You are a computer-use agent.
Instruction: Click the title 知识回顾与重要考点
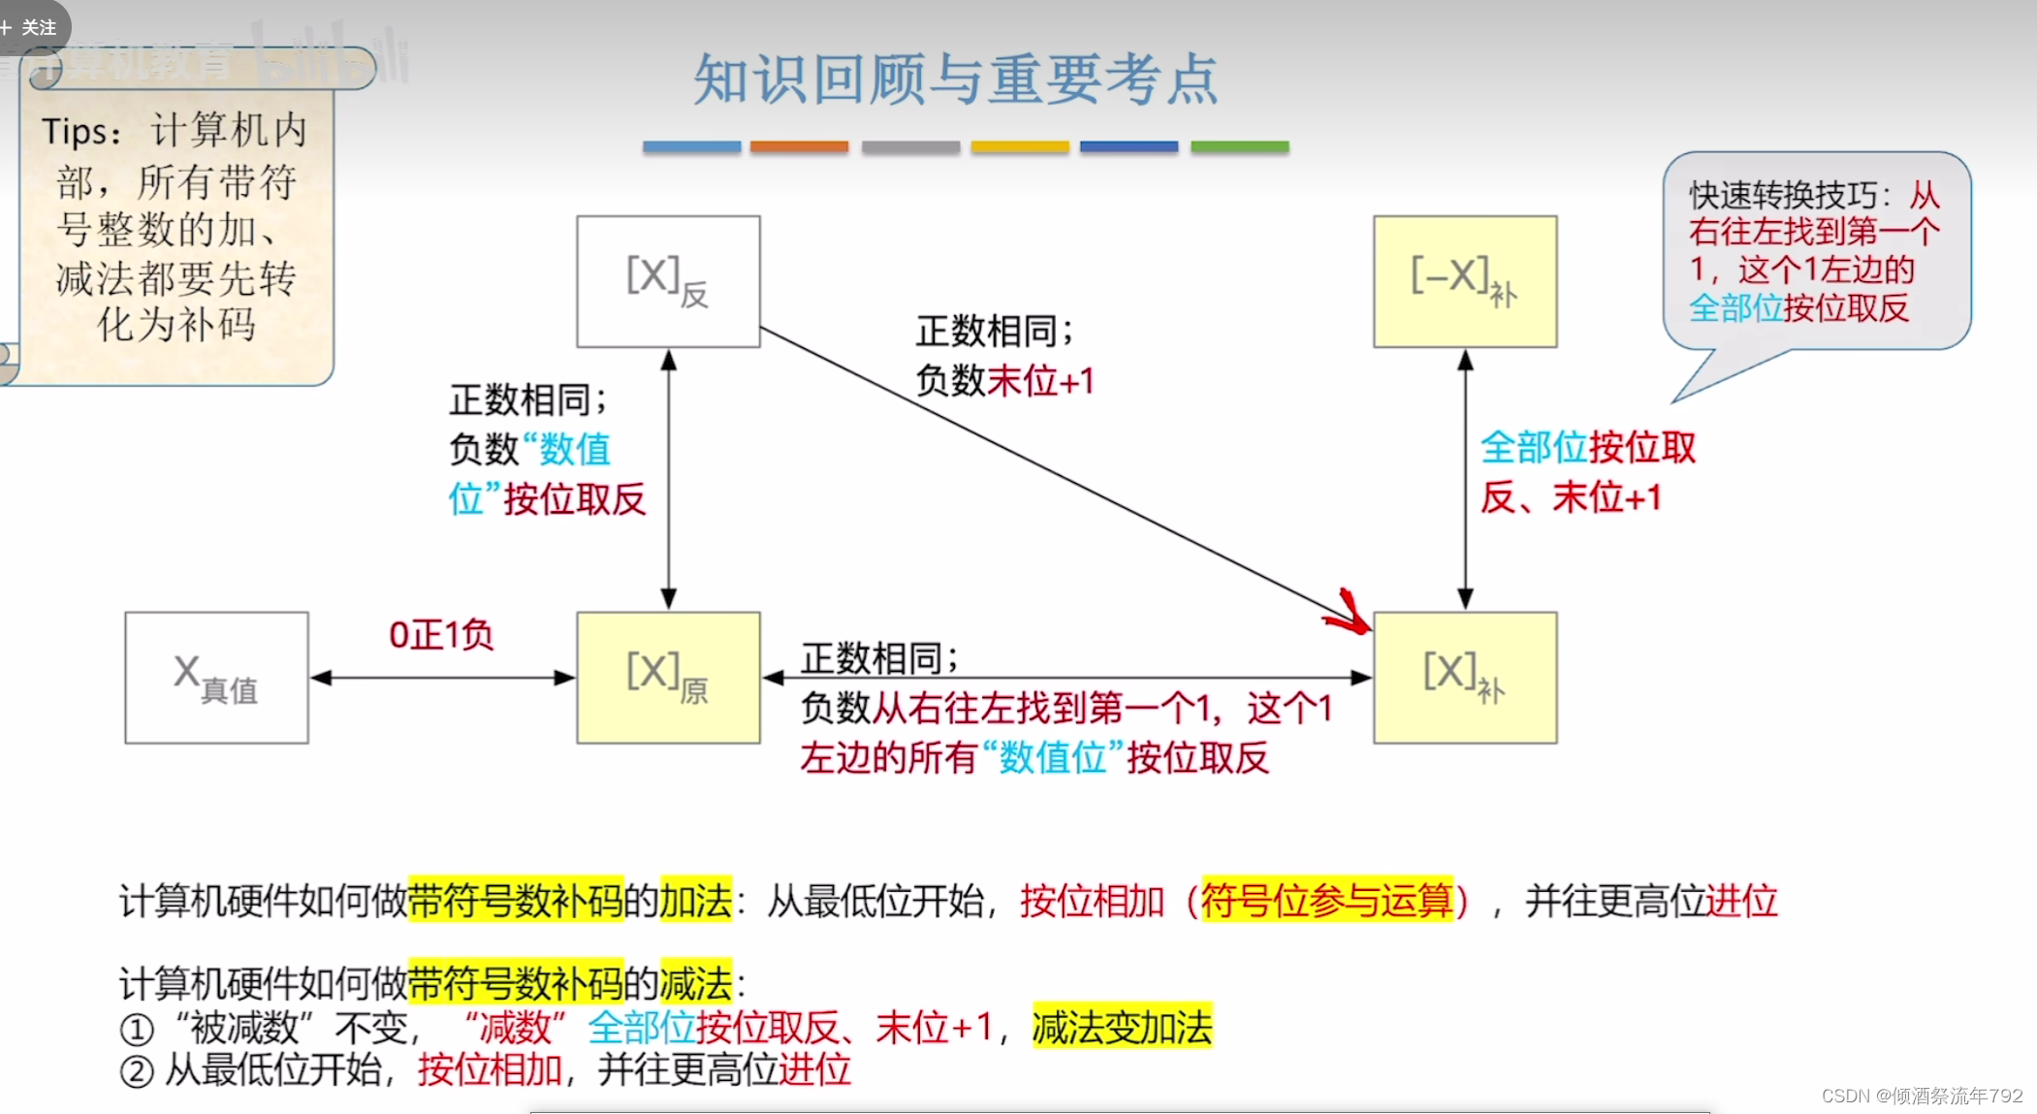955,80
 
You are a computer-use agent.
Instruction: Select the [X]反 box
668,281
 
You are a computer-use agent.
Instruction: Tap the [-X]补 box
1464,281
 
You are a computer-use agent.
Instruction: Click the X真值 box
216,678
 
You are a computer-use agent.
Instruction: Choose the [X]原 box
668,678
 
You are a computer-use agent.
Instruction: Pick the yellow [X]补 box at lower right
1464,678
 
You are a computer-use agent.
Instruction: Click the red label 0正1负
441,635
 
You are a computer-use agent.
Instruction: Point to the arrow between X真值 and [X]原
442,678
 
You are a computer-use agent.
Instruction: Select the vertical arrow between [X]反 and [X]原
668,479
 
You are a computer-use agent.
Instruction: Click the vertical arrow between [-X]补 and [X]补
1465,479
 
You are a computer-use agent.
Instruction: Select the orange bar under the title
799,147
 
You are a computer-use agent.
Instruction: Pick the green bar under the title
1239,147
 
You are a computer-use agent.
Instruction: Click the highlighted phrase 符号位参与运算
1326,901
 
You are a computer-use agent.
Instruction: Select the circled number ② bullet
137,1072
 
